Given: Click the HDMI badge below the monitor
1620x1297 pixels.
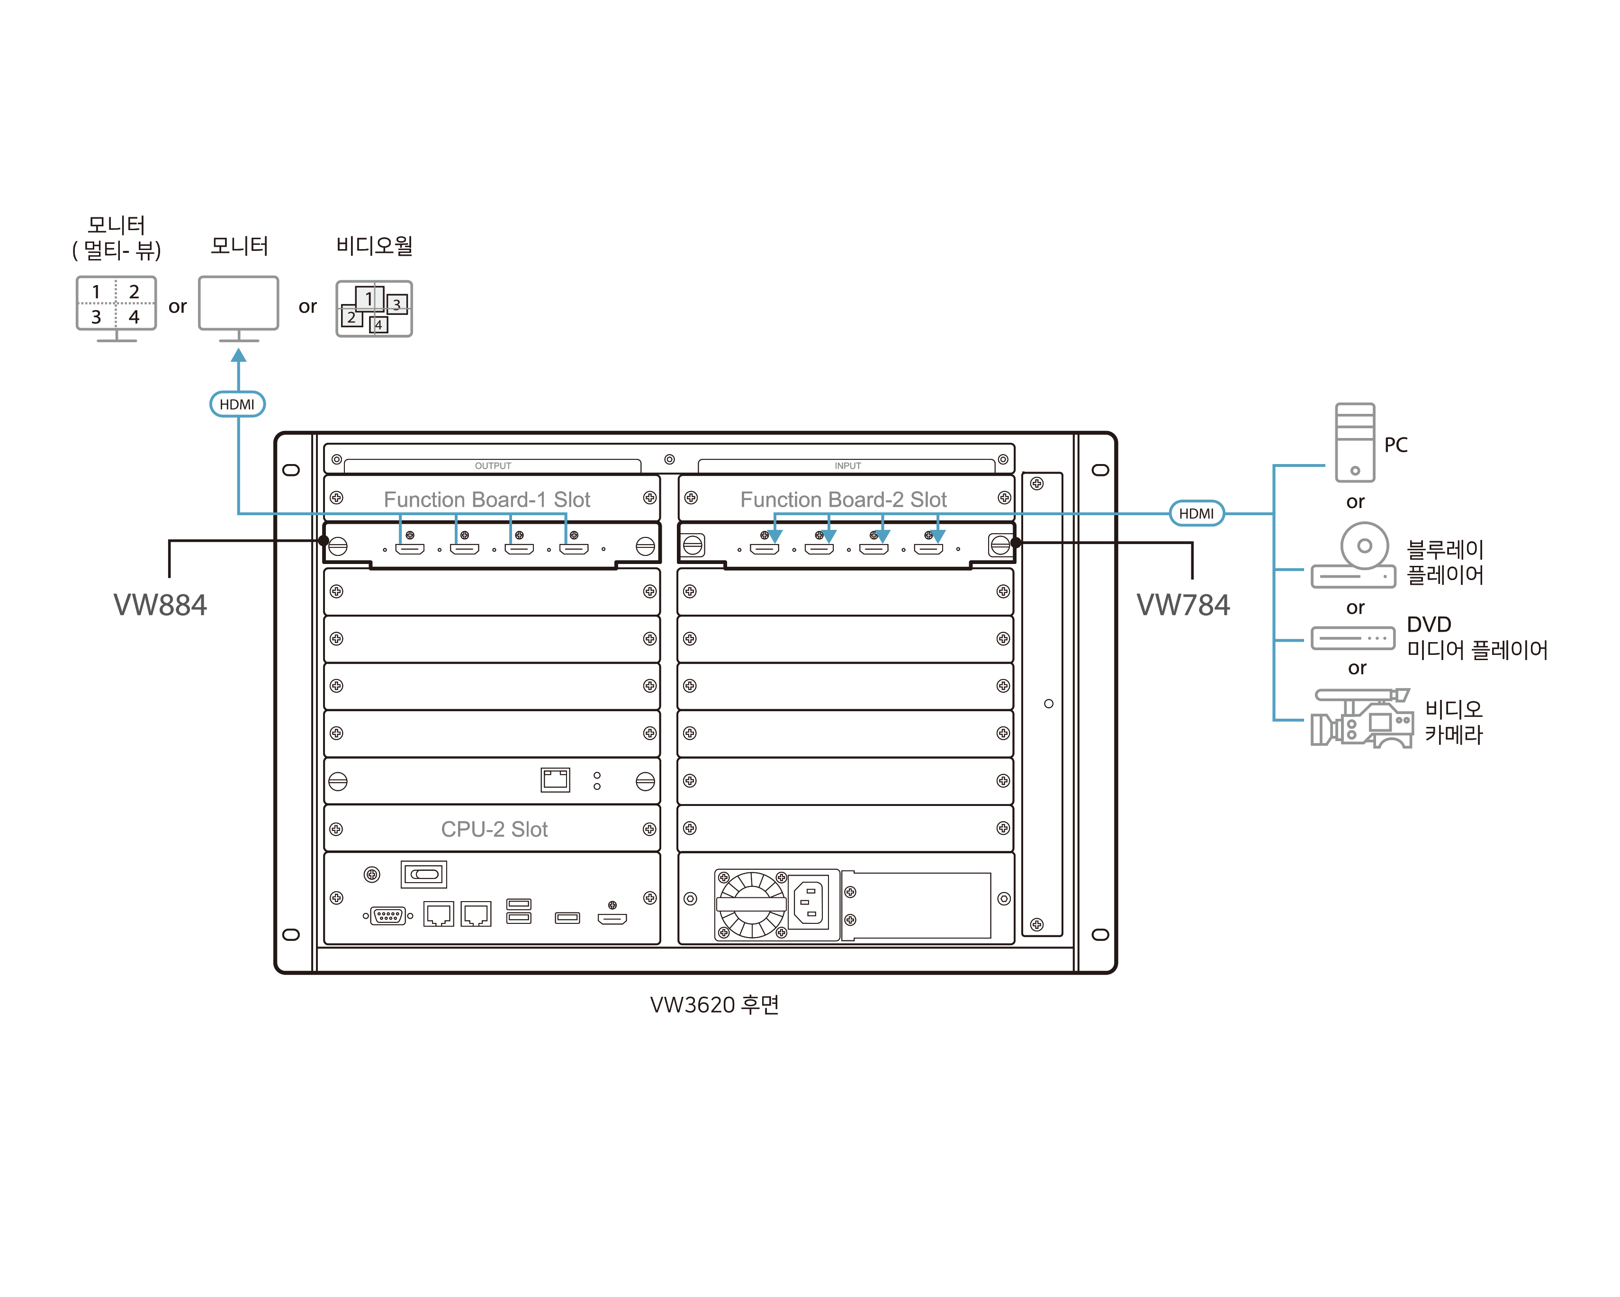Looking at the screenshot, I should point(237,404).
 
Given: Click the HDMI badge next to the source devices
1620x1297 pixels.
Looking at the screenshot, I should point(1196,514).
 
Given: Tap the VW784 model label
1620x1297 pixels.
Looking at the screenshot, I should point(1183,605).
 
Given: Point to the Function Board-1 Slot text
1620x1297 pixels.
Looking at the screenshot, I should point(487,500).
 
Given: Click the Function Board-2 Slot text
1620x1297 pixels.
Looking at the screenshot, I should point(843,500).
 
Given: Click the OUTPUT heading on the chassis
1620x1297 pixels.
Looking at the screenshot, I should point(493,465).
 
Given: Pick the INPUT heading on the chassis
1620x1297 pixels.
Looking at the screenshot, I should point(847,465).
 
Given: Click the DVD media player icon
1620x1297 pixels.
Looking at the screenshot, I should point(1352,638).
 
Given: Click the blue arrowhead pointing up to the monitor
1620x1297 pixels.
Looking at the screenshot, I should point(238,356).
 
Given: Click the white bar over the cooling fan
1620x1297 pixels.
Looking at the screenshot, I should point(751,904).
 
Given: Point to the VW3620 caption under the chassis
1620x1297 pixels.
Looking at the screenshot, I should point(714,1004).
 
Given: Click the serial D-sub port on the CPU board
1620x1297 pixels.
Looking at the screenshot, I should point(388,915).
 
